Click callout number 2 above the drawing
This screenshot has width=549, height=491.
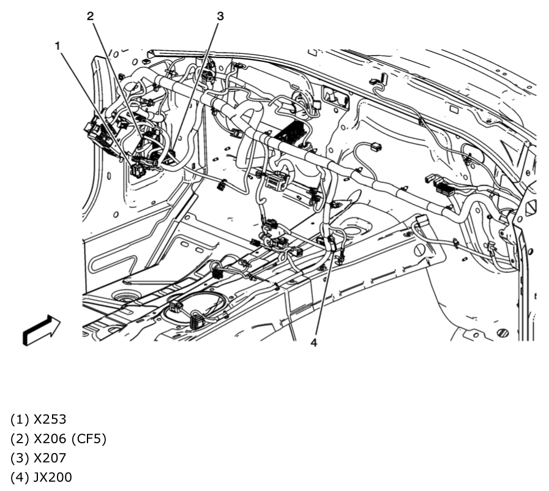pos(90,17)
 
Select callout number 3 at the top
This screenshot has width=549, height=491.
pos(220,17)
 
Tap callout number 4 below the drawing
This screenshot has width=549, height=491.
pos(313,343)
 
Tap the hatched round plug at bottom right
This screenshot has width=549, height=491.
pos(502,333)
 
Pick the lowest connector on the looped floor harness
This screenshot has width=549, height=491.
pos(198,321)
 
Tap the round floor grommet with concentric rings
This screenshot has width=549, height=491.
pos(125,298)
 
